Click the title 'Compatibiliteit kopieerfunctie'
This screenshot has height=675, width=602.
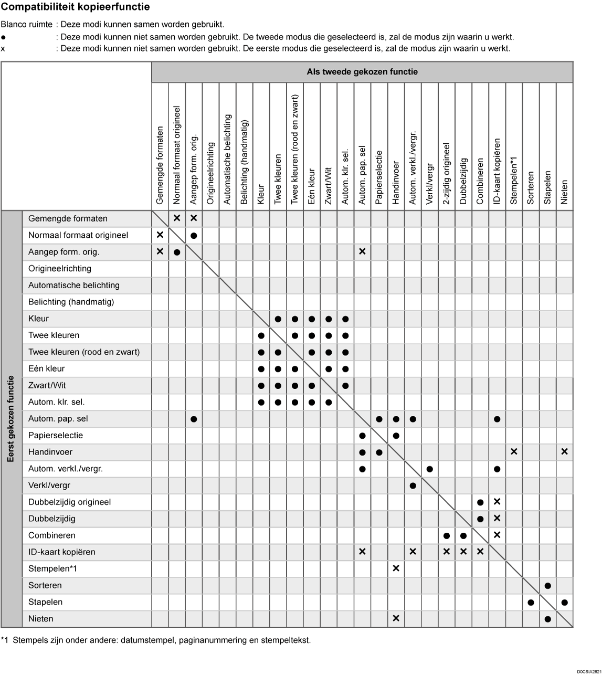[75, 7]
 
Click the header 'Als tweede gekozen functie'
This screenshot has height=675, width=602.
[362, 72]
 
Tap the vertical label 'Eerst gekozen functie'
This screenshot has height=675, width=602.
[11, 419]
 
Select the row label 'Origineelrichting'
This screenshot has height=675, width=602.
[60, 269]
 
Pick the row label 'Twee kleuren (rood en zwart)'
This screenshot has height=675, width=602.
[84, 352]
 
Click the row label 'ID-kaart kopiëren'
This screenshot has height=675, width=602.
[62, 552]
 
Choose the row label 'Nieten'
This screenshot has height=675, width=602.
[41, 619]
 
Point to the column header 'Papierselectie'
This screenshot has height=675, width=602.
[379, 177]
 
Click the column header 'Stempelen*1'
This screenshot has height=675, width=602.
[514, 180]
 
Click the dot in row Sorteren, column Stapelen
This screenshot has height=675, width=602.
[547, 586]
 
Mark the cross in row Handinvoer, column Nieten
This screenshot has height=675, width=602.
[564, 452]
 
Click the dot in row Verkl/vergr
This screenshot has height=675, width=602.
[413, 486]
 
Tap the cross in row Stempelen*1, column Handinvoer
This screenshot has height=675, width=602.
[396, 569]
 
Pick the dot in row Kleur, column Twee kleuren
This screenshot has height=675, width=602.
[278, 319]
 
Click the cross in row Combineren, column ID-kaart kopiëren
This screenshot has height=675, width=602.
[497, 535]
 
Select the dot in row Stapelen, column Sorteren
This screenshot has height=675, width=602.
[531, 603]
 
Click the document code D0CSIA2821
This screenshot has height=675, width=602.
[588, 671]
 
